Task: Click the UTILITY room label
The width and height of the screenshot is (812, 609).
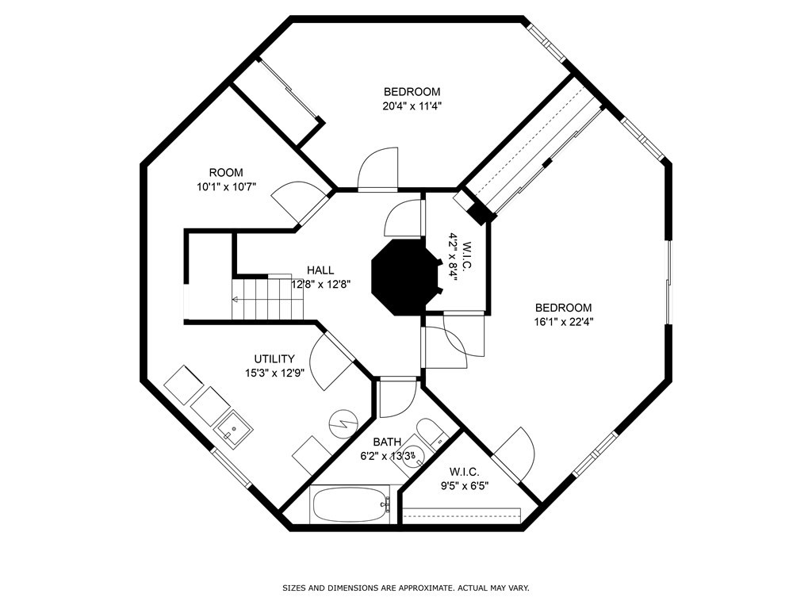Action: coord(274,359)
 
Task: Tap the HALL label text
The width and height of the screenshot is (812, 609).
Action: coord(320,270)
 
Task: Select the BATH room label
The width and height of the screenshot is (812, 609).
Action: coord(387,442)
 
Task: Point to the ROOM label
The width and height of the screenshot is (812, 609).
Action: coord(226,173)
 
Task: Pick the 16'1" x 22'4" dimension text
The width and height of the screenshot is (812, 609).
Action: coord(564,322)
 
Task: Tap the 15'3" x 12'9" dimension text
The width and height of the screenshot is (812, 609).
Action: coord(274,373)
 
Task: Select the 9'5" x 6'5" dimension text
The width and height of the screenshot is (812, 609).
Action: coord(464,486)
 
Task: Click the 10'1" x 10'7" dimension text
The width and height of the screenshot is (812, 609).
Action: coord(226,187)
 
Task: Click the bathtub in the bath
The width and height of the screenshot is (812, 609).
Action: coord(351,505)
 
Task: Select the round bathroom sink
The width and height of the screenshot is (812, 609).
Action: coord(414,456)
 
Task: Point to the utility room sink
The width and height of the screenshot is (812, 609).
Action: coord(234,429)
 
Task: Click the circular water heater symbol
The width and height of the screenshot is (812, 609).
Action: coord(343,423)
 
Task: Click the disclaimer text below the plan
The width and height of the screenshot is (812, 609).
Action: coord(406,588)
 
